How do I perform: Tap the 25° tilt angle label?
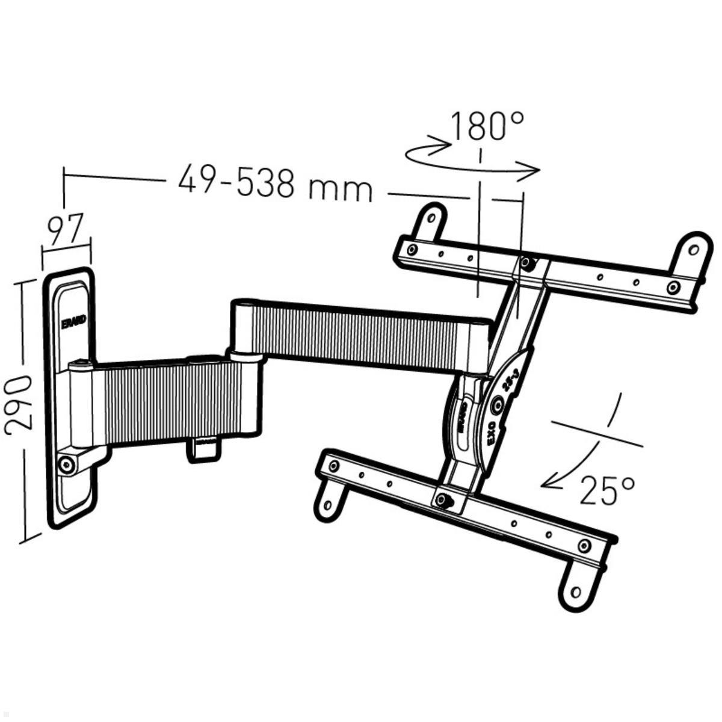(x=606, y=490)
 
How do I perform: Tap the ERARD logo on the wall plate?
(x=74, y=322)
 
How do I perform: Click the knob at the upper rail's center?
(x=529, y=264)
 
